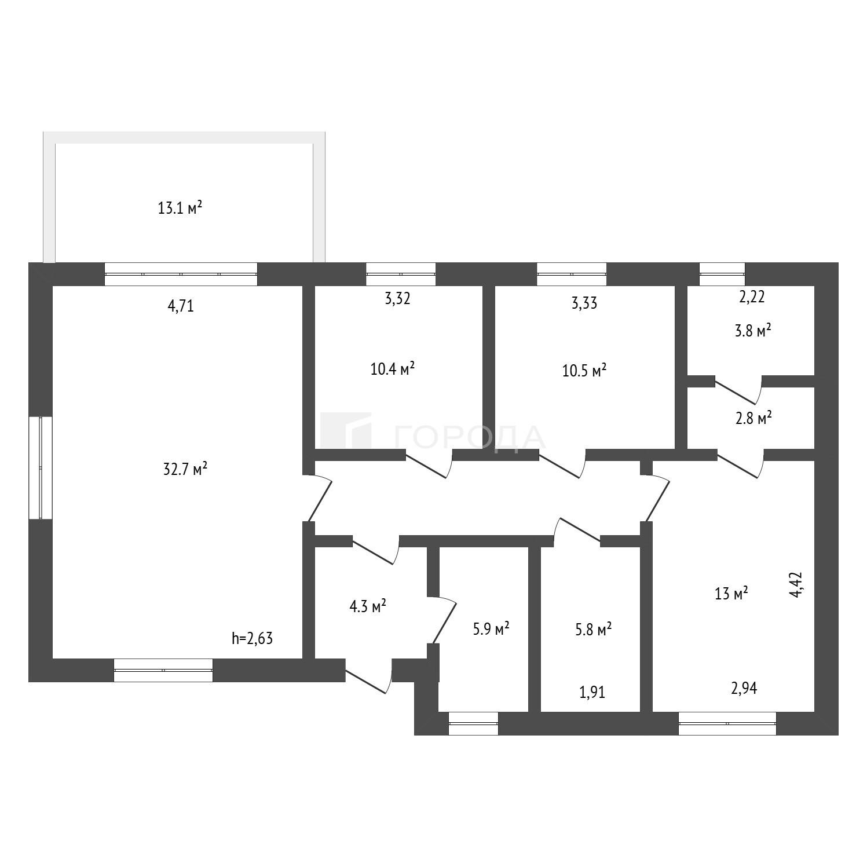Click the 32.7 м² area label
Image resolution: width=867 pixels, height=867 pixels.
185,469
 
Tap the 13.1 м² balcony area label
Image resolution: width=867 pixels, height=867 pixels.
180,207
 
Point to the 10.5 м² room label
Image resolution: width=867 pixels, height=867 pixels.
584,370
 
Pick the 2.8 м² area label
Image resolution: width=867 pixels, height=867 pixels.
753,418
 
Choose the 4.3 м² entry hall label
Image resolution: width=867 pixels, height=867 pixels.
368,607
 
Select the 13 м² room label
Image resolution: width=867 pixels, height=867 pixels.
731,594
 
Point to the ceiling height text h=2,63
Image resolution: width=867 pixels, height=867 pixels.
252,638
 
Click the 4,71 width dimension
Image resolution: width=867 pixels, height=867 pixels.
181,306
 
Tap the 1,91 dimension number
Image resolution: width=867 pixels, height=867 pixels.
592,692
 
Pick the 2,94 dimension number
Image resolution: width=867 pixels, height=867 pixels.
744,688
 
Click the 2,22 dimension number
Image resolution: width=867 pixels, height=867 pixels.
752,297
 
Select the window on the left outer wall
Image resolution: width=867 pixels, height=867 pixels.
41,468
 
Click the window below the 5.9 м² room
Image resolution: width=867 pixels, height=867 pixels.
473,723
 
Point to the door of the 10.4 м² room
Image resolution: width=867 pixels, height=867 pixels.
429,463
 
